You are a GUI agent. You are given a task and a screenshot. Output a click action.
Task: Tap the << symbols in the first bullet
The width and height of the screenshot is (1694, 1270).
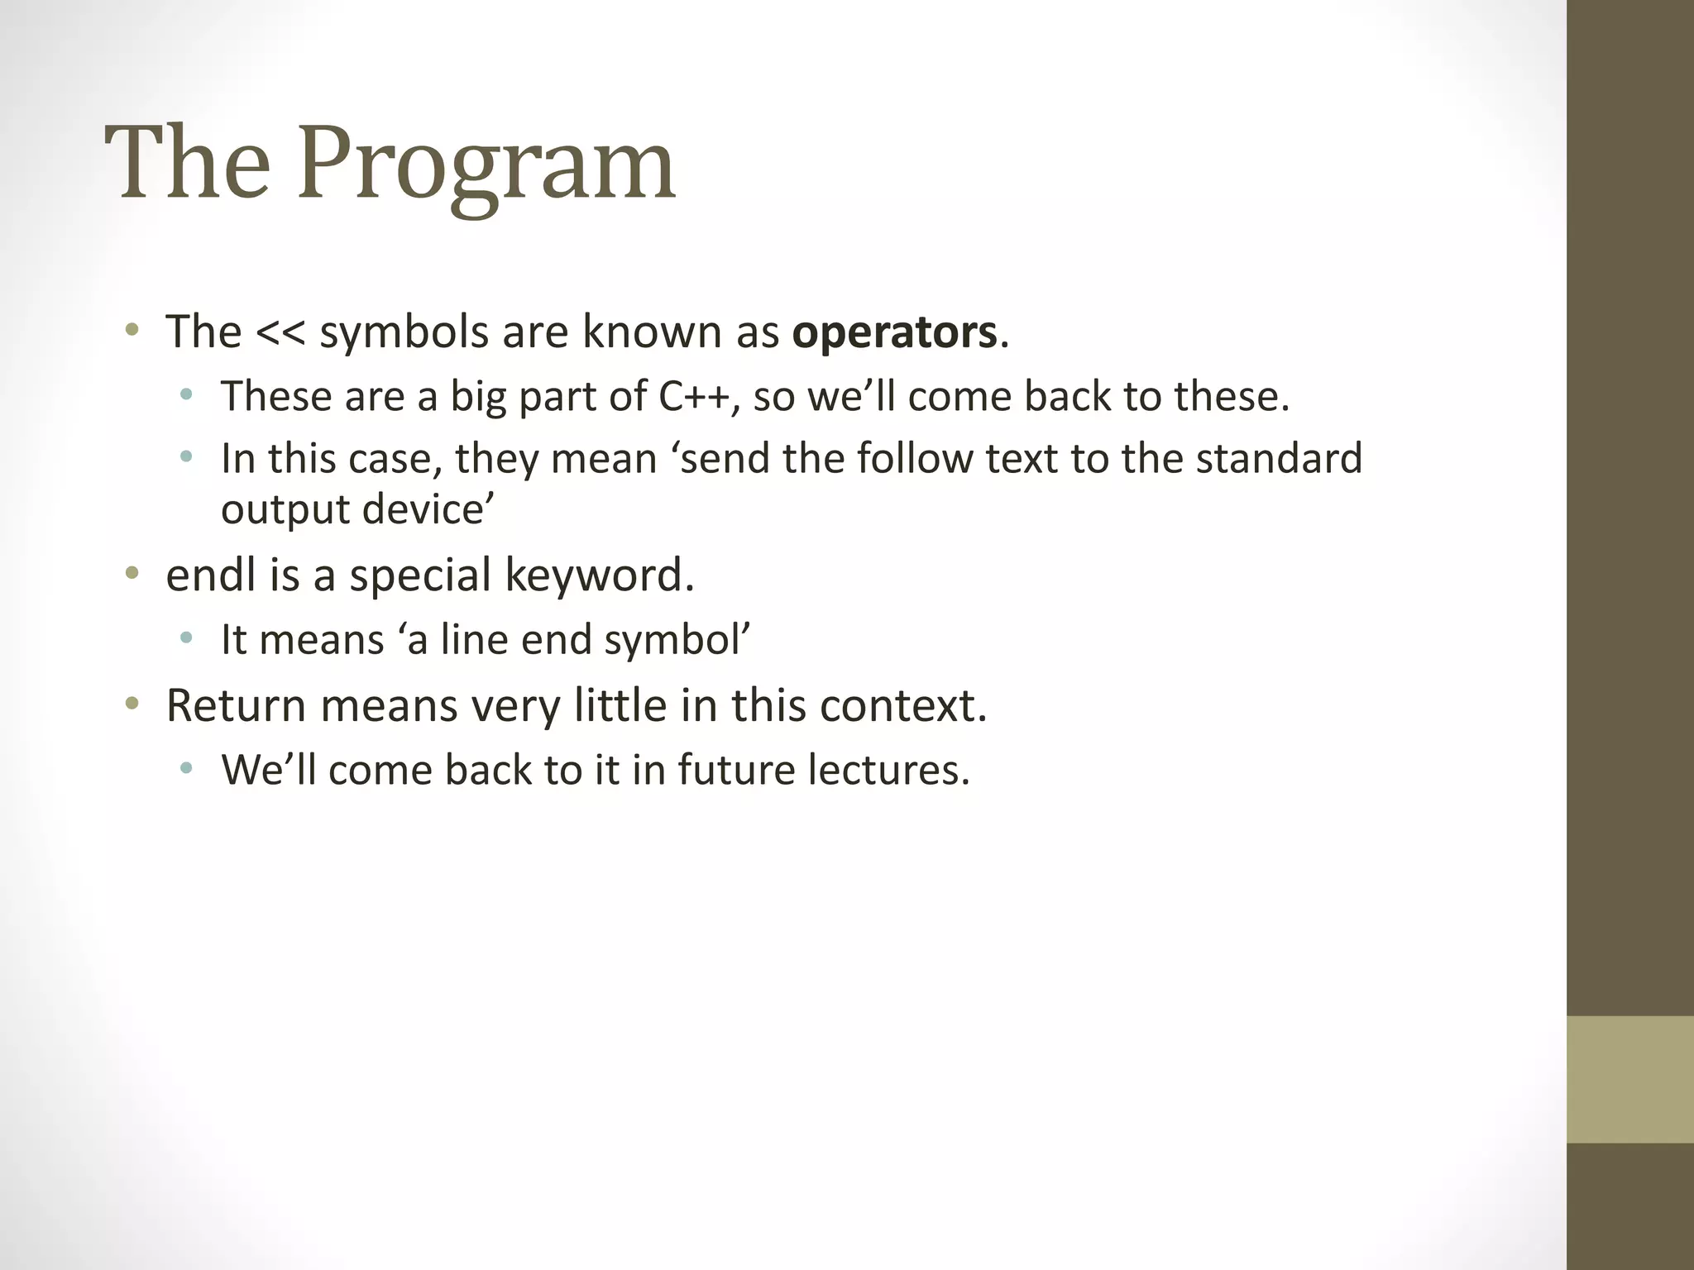click(x=281, y=332)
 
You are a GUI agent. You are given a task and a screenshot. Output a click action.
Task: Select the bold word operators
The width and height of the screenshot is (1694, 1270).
click(x=894, y=332)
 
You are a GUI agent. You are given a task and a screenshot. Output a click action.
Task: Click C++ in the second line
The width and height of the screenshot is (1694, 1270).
click(x=693, y=396)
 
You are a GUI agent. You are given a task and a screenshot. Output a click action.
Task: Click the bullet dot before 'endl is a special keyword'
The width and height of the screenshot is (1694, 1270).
click(x=131, y=573)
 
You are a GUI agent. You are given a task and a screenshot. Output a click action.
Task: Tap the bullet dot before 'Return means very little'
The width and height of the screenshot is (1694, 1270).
click(x=131, y=704)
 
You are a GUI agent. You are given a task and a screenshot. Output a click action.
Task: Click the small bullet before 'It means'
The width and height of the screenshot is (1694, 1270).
click(x=186, y=637)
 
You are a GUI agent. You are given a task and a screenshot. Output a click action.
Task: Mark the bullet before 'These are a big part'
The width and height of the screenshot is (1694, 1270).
click(x=186, y=395)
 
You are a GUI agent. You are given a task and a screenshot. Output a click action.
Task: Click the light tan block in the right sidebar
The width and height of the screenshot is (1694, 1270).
click(x=1629, y=1080)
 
